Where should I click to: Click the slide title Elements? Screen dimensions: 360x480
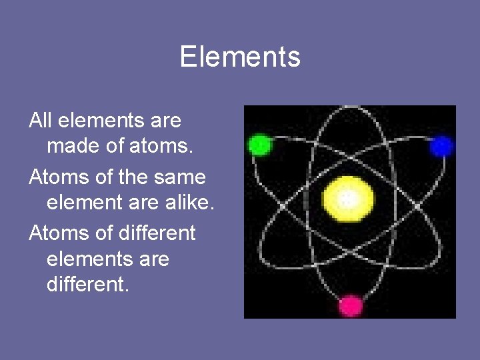240,57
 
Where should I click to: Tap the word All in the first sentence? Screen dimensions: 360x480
41,121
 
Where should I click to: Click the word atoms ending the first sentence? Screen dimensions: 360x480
161,146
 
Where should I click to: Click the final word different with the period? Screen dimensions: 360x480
87,285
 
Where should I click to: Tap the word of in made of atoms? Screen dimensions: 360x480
115,146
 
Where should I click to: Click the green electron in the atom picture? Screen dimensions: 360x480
259,145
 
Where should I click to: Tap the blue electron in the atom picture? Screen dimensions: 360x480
441,146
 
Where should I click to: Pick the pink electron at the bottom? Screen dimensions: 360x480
351,306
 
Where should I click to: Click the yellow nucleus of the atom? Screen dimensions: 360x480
348,199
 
